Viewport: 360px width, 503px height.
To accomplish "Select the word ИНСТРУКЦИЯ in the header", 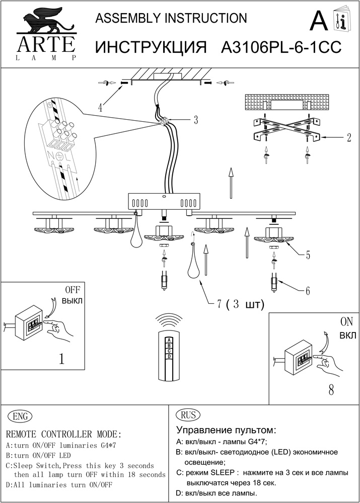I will click(x=152, y=47).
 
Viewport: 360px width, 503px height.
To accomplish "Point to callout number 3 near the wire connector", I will click(x=195, y=120).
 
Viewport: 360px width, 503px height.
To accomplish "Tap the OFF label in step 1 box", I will click(x=73, y=290).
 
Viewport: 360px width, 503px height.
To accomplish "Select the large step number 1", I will click(x=61, y=359).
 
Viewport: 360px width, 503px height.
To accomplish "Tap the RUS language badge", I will click(x=187, y=415).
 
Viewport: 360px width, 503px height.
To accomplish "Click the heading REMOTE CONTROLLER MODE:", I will click(x=63, y=434).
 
